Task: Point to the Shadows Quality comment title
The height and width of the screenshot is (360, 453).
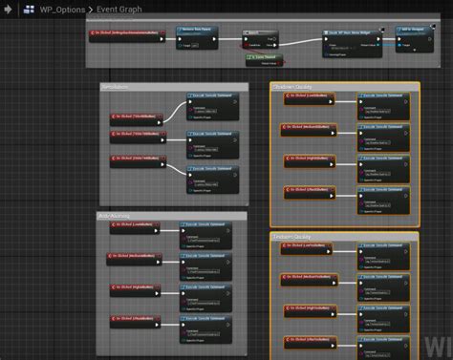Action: coord(295,86)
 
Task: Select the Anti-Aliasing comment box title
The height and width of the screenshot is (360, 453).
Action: coord(116,216)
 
